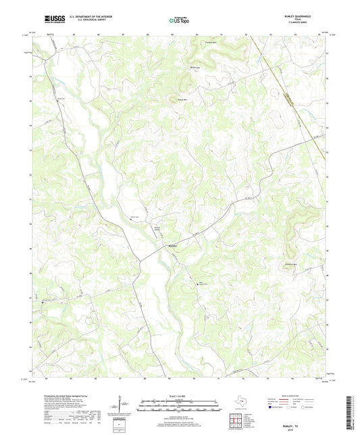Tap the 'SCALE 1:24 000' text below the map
tap(180, 396)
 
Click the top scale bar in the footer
tap(180, 405)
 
